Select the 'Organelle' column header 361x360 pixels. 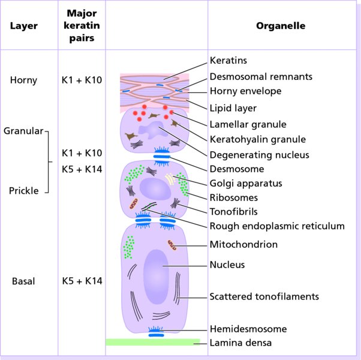(281, 26)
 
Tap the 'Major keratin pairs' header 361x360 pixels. (83, 26)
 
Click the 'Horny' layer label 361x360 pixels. (23, 80)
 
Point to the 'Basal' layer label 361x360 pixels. (23, 280)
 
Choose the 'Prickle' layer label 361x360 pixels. (23, 191)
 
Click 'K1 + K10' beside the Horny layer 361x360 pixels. (82, 80)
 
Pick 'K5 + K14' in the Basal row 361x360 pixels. (82, 280)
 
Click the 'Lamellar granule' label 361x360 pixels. (248, 124)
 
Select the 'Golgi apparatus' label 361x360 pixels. (245, 183)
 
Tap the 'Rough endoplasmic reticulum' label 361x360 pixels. (277, 226)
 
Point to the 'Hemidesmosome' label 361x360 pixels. (248, 329)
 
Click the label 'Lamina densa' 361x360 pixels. (240, 343)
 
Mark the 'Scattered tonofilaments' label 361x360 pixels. (264, 296)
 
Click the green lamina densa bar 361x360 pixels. (152, 342)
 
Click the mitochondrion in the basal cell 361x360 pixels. (173, 245)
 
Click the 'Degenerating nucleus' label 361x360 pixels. (259, 154)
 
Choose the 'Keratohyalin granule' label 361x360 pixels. (258, 139)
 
